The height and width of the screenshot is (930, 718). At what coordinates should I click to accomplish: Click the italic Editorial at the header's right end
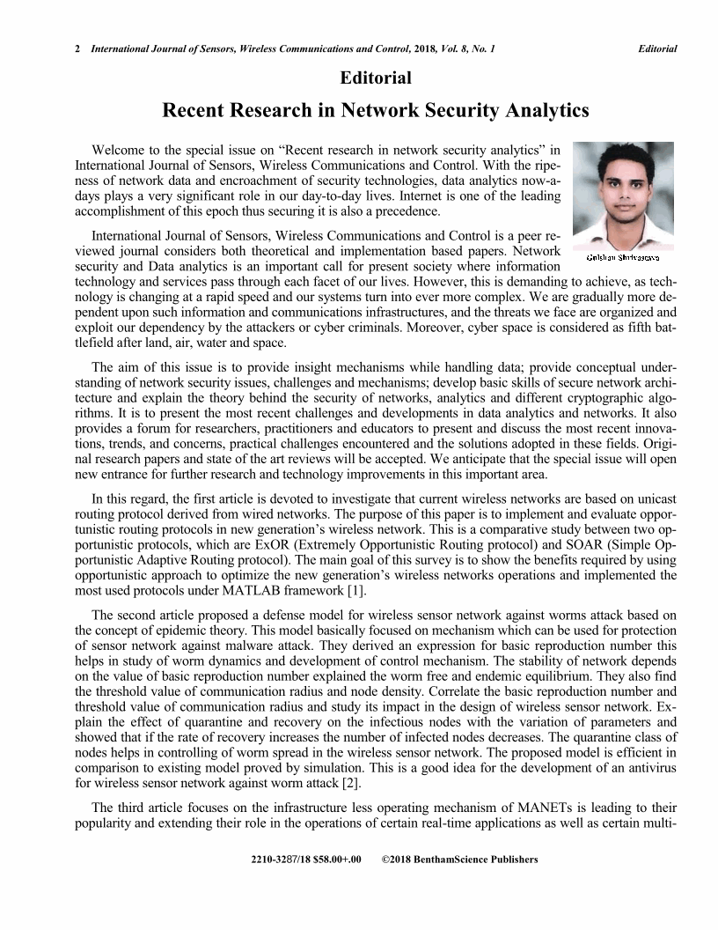pos(657,49)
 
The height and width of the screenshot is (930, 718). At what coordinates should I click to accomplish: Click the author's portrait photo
pos(623,195)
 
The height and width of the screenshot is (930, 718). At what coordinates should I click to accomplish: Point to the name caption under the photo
pos(623,257)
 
